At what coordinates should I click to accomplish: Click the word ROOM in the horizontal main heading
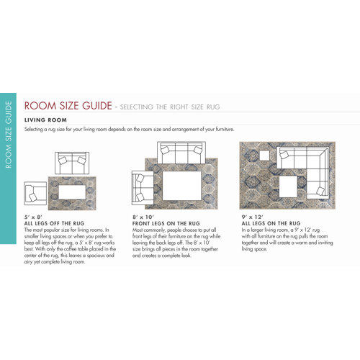tap(43, 107)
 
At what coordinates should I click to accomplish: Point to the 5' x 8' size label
tap(35, 217)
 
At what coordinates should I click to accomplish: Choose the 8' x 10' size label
tap(143, 217)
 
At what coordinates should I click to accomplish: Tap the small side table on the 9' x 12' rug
tap(264, 156)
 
